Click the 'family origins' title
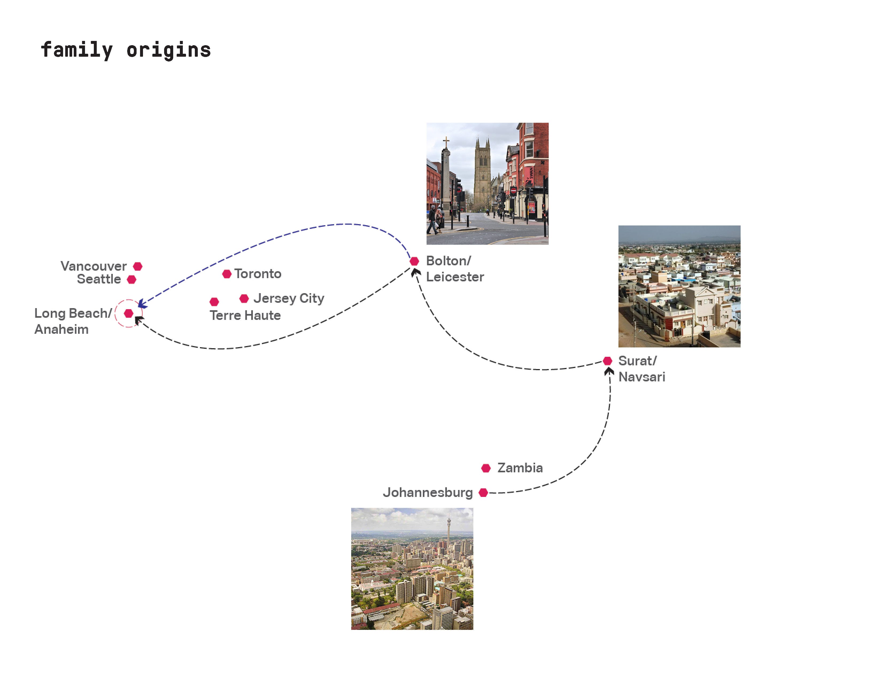126,50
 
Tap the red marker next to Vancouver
138,266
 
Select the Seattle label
99,279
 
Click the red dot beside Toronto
227,274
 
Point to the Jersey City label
288,298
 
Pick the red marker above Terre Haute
214,301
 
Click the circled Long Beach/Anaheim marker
128,313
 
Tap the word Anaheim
61,329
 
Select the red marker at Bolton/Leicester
414,261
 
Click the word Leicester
455,277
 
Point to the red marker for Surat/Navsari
608,361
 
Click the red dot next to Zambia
486,468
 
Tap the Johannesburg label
427,492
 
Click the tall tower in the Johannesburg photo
448,533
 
